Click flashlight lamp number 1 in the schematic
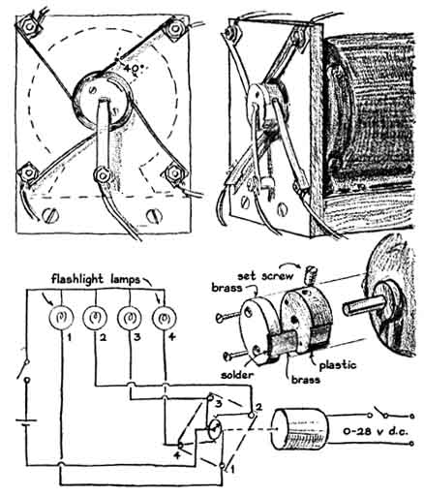tap(61, 318)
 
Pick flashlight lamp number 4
tap(165, 318)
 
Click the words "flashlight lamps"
tap(96, 279)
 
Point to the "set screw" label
tap(265, 276)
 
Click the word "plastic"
tap(338, 365)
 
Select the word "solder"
tap(237, 375)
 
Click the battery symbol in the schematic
tap(26, 422)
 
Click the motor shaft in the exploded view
tap(364, 306)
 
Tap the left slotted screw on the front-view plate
tap(51, 215)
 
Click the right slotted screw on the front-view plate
tap(154, 216)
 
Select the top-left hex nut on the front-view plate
tap(29, 27)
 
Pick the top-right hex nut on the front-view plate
tap(175, 29)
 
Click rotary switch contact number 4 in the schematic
tap(180, 446)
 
